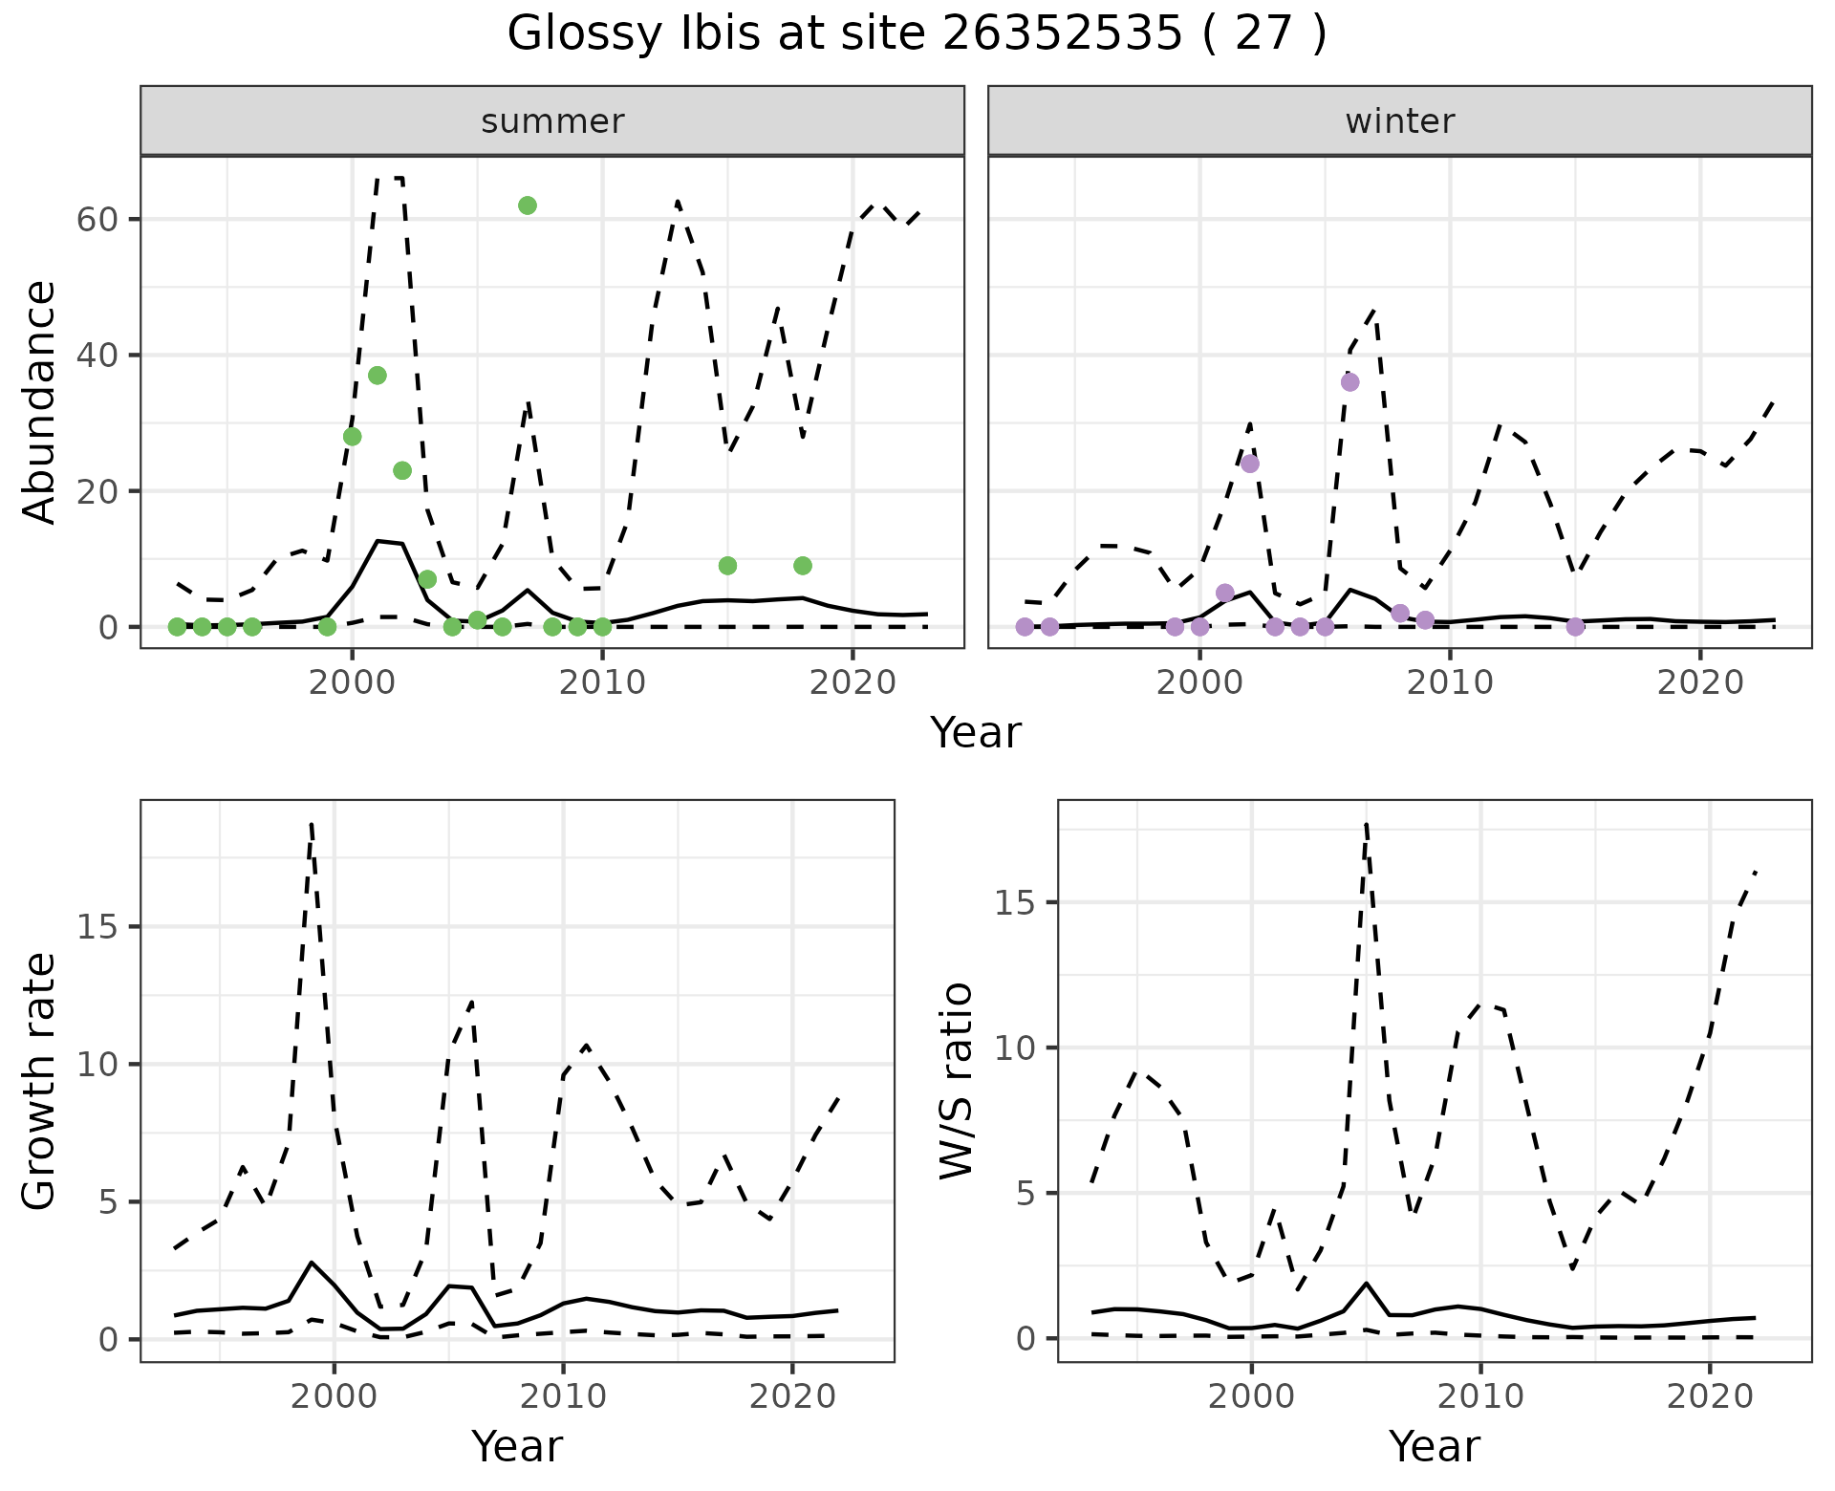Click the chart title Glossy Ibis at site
coord(916,34)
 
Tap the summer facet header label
coord(552,121)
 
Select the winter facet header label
coord(1399,121)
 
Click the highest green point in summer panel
coord(527,205)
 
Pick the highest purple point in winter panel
coord(1349,382)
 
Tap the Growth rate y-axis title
coord(40,1081)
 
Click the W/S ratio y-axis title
coord(957,1081)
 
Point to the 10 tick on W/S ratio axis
coord(1018,1048)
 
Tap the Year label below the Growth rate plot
coord(517,1446)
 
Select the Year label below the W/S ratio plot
coord(1434,1446)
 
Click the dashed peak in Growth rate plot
coord(312,824)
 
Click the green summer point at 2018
coord(803,566)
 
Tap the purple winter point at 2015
coord(1575,627)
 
